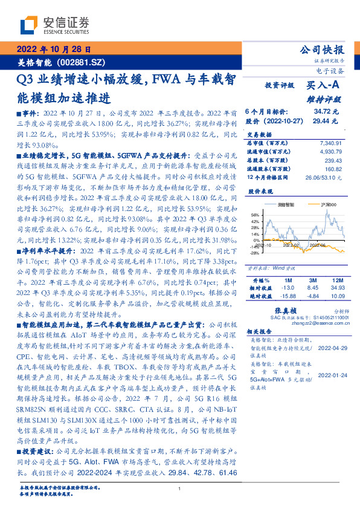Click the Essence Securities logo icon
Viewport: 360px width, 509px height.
pyautogui.click(x=29, y=25)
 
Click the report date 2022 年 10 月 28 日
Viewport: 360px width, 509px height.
pyautogui.click(x=53, y=50)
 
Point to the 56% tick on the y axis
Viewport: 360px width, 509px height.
pyautogui.click(x=256, y=214)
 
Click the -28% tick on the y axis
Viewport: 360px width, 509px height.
pyautogui.click(x=255, y=253)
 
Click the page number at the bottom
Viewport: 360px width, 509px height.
pyautogui.click(x=180, y=488)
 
